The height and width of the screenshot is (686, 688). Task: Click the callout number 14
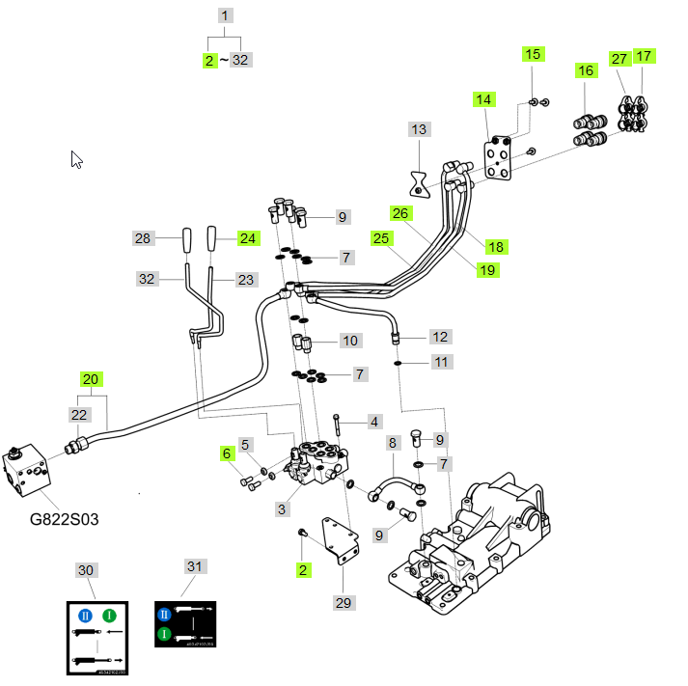click(x=483, y=99)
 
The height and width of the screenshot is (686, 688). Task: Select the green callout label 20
click(x=91, y=379)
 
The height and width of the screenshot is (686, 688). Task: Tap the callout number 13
click(x=418, y=129)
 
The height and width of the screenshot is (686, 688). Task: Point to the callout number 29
click(x=344, y=602)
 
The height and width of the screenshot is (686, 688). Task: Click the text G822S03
click(x=64, y=519)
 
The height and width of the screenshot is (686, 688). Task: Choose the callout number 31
click(x=196, y=566)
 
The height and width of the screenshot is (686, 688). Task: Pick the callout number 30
click(x=86, y=570)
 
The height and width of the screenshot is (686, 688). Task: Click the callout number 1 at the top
click(x=225, y=15)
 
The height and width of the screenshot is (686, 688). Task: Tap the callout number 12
click(x=440, y=337)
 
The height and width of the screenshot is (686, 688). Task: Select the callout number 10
click(x=349, y=341)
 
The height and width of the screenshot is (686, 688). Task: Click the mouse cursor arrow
click(x=77, y=159)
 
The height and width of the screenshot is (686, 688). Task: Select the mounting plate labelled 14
click(x=498, y=159)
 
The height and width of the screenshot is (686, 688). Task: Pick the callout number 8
click(x=393, y=443)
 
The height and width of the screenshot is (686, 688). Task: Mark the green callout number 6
click(x=227, y=453)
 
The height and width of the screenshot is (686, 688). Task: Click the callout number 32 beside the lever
click(x=147, y=279)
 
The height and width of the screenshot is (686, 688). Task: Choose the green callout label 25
click(x=381, y=237)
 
